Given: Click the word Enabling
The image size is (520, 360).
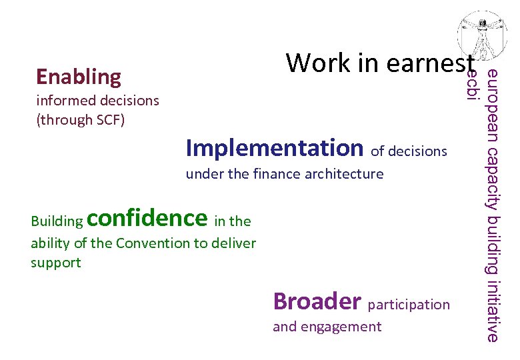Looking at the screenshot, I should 79,77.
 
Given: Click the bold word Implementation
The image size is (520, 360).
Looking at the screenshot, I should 274,147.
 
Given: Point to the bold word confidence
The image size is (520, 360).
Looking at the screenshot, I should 147,217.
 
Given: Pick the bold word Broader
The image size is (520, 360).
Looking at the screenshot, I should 317,301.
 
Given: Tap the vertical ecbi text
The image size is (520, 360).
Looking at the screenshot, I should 472,85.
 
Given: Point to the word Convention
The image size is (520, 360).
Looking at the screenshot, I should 153,243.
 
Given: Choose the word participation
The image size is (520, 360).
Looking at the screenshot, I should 409,305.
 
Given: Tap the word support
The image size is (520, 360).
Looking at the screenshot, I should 55,263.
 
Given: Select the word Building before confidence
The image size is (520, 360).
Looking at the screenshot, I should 57,221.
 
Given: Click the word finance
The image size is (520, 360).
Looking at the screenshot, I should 277,175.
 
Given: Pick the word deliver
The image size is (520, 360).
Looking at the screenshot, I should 234,243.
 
